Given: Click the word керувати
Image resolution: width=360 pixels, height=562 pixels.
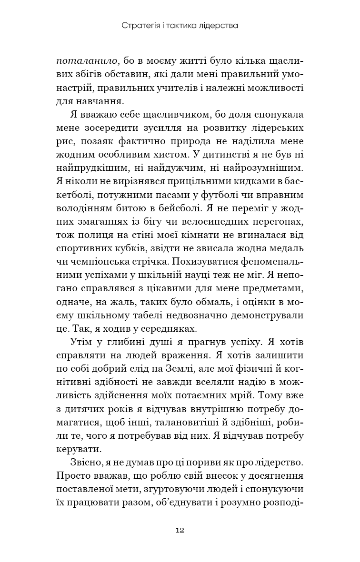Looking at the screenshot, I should [x=79, y=448].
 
